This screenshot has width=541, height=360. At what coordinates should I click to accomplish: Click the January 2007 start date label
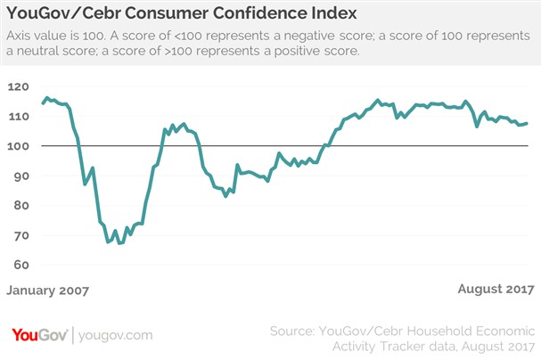[x=48, y=290]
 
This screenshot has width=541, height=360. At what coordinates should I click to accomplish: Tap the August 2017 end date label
[x=496, y=290]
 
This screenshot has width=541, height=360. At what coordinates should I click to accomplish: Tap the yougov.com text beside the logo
[x=116, y=335]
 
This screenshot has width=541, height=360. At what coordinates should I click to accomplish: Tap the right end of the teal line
[x=528, y=123]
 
